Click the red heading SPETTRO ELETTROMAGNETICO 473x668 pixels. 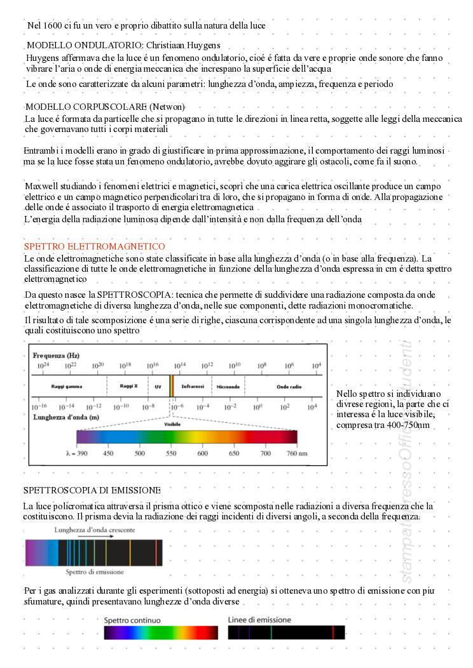coord(94,246)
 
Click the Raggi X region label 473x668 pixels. coord(128,385)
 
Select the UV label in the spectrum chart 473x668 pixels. coord(158,385)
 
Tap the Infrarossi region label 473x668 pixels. coord(193,385)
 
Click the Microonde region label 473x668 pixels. coord(228,385)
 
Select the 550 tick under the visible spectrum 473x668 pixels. coord(171,453)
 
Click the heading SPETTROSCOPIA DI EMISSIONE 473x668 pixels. coord(92,490)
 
